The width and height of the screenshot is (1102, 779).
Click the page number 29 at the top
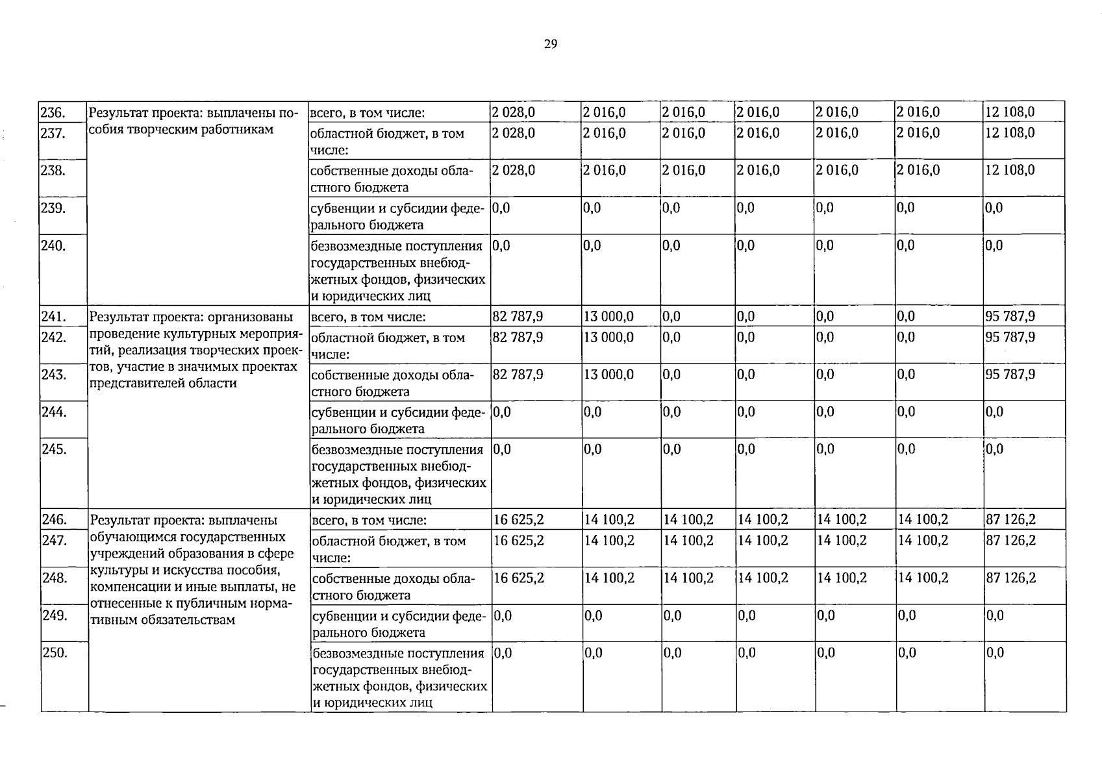click(x=550, y=45)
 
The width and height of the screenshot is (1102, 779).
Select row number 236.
click(x=53, y=112)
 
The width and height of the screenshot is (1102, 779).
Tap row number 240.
click(x=53, y=246)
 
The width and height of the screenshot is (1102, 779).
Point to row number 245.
click(x=55, y=449)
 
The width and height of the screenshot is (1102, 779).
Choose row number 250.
click(x=55, y=653)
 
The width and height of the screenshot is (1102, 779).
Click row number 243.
click(x=54, y=375)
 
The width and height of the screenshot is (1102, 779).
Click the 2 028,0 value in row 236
click(x=513, y=112)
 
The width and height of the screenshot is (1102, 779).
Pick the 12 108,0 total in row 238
click(x=1010, y=170)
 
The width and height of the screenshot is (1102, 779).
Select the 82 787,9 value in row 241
click(x=518, y=317)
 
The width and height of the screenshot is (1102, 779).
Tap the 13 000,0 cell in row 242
click(x=608, y=338)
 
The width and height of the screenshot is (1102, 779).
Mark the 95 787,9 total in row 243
click(x=1010, y=375)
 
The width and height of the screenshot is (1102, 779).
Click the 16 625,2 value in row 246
click(x=519, y=520)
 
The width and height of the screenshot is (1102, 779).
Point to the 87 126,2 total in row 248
click(x=1011, y=578)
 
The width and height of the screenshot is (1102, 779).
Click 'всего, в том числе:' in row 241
click(x=368, y=317)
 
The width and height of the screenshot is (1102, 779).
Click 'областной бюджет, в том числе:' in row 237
click(x=387, y=142)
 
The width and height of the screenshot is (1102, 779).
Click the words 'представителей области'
click(x=162, y=383)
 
